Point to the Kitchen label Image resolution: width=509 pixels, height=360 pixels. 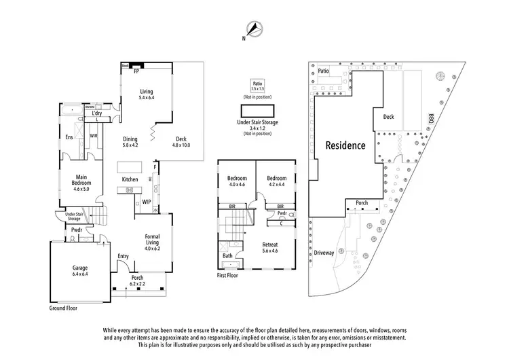(x=130, y=179)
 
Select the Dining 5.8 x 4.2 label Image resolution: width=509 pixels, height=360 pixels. (x=130, y=141)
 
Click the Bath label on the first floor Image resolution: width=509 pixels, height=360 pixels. (x=227, y=256)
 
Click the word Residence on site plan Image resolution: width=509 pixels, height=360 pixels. (x=345, y=145)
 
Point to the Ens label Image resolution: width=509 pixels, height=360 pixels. (x=69, y=137)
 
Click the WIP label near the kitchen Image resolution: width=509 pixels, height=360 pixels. (x=146, y=202)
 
